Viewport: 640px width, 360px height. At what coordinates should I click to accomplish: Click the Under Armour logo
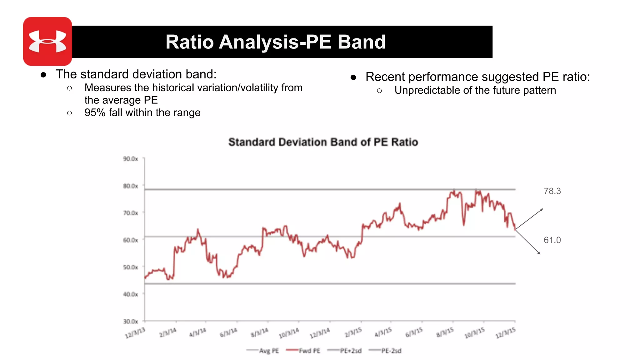pyautogui.click(x=47, y=41)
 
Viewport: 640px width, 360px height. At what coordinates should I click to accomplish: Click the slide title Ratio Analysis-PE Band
pyautogui.click(x=275, y=42)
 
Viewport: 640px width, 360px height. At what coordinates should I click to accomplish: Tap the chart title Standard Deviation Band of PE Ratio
pyautogui.click(x=323, y=142)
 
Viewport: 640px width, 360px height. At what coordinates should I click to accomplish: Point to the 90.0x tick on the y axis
pyautogui.click(x=130, y=159)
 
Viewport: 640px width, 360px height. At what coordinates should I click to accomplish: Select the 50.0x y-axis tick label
pyautogui.click(x=130, y=267)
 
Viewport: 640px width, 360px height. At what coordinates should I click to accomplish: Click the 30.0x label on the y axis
pyautogui.click(x=130, y=321)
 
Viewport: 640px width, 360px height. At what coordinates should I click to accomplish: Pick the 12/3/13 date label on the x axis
pyautogui.click(x=135, y=333)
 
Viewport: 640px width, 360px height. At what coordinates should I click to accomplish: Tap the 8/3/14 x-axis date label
pyautogui.click(x=259, y=333)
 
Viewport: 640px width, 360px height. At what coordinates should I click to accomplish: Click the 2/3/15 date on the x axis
pyautogui.click(x=353, y=333)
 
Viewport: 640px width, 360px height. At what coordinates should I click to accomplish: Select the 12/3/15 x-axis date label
pyautogui.click(x=505, y=333)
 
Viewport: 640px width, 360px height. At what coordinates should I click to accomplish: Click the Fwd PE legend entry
pyautogui.click(x=309, y=351)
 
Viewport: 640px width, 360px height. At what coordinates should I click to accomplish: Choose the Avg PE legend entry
pyautogui.click(x=269, y=351)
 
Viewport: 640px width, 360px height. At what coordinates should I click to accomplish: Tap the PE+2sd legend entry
pyautogui.click(x=351, y=351)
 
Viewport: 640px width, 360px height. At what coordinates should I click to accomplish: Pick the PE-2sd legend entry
pyautogui.click(x=391, y=351)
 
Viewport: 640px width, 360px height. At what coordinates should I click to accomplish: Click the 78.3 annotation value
pyautogui.click(x=552, y=191)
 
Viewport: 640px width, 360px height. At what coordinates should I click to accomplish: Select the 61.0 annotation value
pyautogui.click(x=552, y=240)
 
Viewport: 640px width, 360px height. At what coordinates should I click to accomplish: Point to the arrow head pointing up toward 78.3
pyautogui.click(x=542, y=209)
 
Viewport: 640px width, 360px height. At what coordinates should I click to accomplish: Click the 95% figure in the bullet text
pyautogui.click(x=95, y=113)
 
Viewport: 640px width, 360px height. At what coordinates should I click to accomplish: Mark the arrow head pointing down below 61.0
pyautogui.click(x=539, y=253)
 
